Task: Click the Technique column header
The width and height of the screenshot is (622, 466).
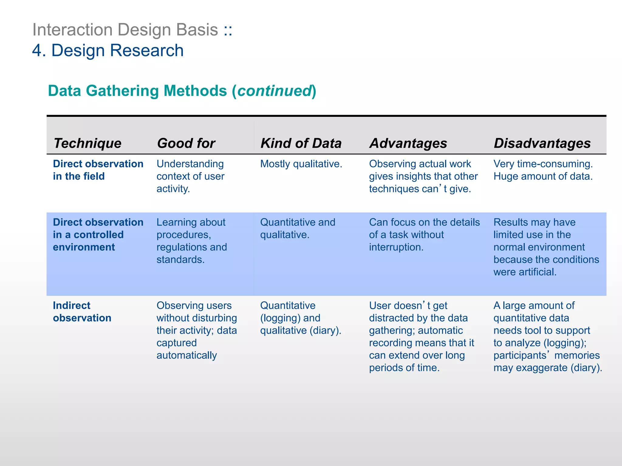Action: [87, 143]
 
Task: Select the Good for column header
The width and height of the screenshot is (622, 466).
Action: [186, 143]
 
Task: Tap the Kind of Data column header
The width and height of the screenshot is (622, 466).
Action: [301, 143]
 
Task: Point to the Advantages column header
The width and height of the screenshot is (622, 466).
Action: [408, 143]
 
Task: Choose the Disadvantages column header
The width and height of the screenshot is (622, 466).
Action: [542, 143]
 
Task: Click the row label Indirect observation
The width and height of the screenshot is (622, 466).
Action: [82, 312]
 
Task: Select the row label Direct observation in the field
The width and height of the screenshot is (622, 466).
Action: [98, 170]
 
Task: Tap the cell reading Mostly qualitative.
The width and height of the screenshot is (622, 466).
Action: [301, 164]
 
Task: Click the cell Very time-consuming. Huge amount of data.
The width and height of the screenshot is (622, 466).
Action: [543, 170]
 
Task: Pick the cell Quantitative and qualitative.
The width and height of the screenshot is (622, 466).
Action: [298, 228]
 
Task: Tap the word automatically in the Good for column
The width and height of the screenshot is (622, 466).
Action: [186, 355]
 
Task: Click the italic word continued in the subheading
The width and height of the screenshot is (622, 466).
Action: [274, 91]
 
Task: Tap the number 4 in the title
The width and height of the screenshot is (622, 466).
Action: [37, 50]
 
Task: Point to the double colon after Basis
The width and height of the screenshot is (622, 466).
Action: [228, 30]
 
